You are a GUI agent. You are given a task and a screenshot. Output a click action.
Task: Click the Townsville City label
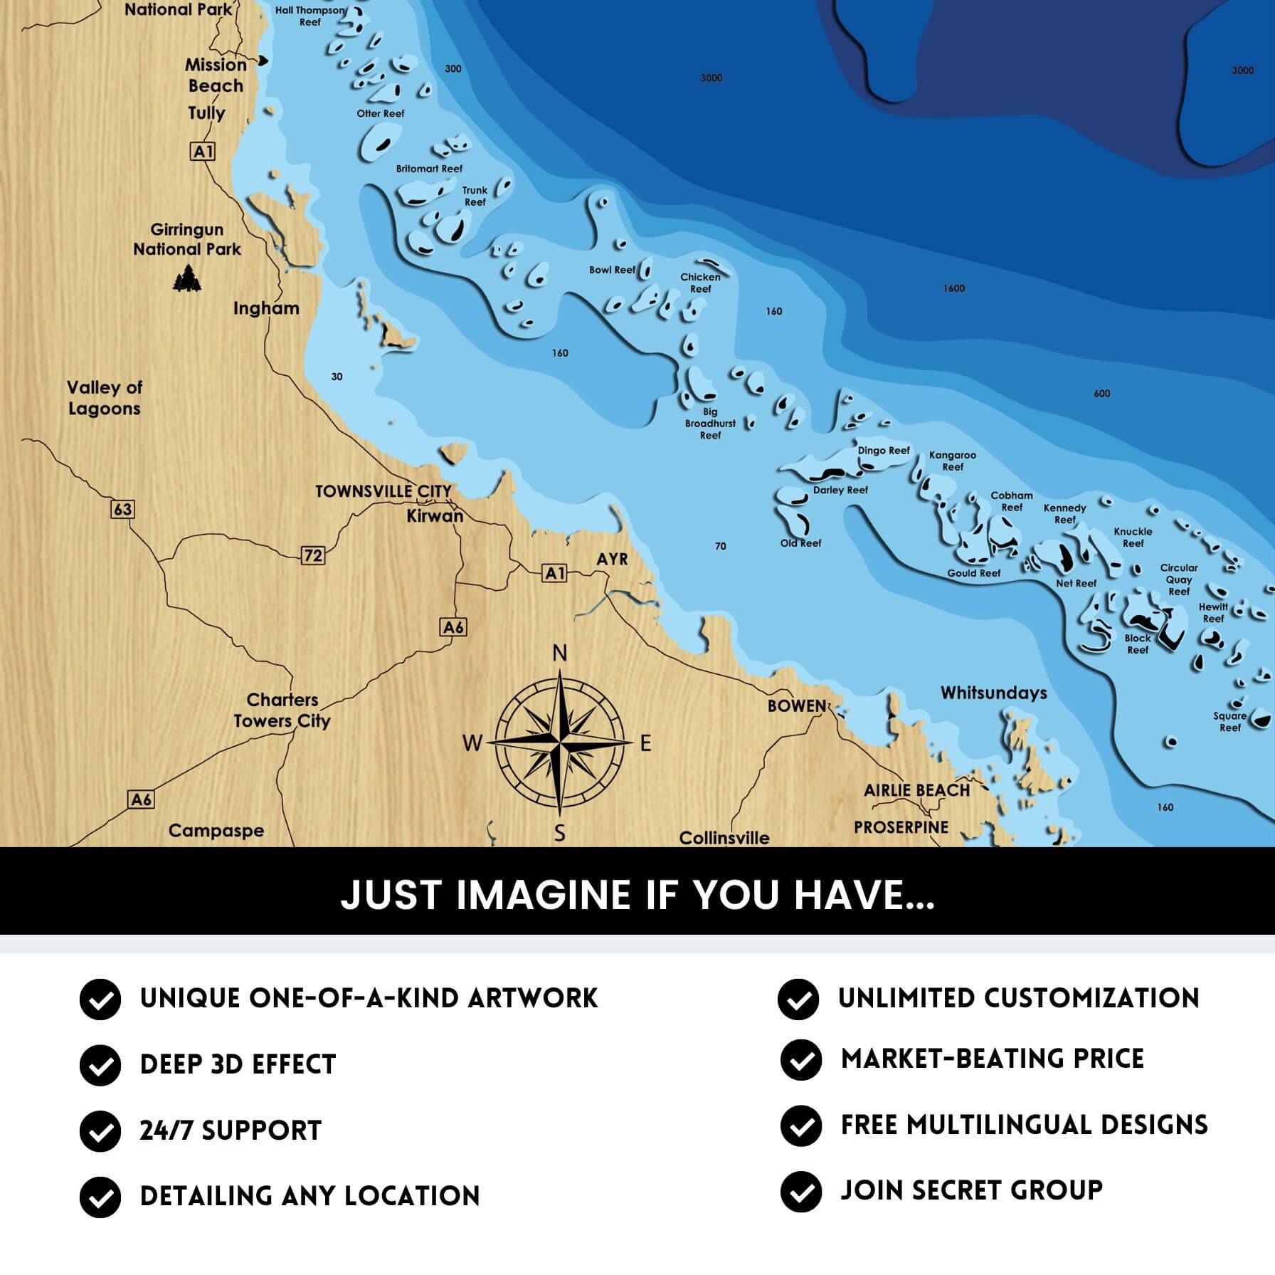coord(383,491)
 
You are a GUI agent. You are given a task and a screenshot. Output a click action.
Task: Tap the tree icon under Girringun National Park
coord(187,278)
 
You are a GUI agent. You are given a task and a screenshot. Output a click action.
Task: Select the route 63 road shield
coord(122,509)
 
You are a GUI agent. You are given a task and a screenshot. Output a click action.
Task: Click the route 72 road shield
coord(313,555)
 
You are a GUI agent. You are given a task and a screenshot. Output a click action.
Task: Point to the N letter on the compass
coord(560,653)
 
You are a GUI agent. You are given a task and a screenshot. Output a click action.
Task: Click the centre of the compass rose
coord(561,743)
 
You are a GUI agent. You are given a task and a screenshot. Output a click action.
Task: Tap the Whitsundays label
coord(993,693)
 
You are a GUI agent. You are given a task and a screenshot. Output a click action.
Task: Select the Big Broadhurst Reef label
coord(710,424)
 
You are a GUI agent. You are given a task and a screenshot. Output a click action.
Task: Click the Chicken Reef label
coord(700,283)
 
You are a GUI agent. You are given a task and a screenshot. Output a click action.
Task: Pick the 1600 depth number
coord(953,288)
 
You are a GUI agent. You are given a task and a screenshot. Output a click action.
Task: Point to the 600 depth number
coord(1101,394)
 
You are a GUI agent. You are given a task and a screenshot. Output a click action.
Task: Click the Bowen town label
coord(796,705)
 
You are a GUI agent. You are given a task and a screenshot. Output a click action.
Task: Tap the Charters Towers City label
coord(282,710)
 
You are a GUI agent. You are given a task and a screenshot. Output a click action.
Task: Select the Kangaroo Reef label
coord(952,461)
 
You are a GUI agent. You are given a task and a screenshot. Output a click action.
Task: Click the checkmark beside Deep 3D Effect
coord(100,1065)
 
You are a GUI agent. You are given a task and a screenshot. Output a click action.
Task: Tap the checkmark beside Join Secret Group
coord(800,1191)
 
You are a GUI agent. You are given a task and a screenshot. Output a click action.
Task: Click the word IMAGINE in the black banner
coord(545,895)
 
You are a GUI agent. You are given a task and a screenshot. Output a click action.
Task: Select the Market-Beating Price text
coord(992,1059)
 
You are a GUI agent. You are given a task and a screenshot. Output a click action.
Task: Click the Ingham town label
coord(266,308)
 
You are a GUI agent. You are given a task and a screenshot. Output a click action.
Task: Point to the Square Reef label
coord(1229,721)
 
